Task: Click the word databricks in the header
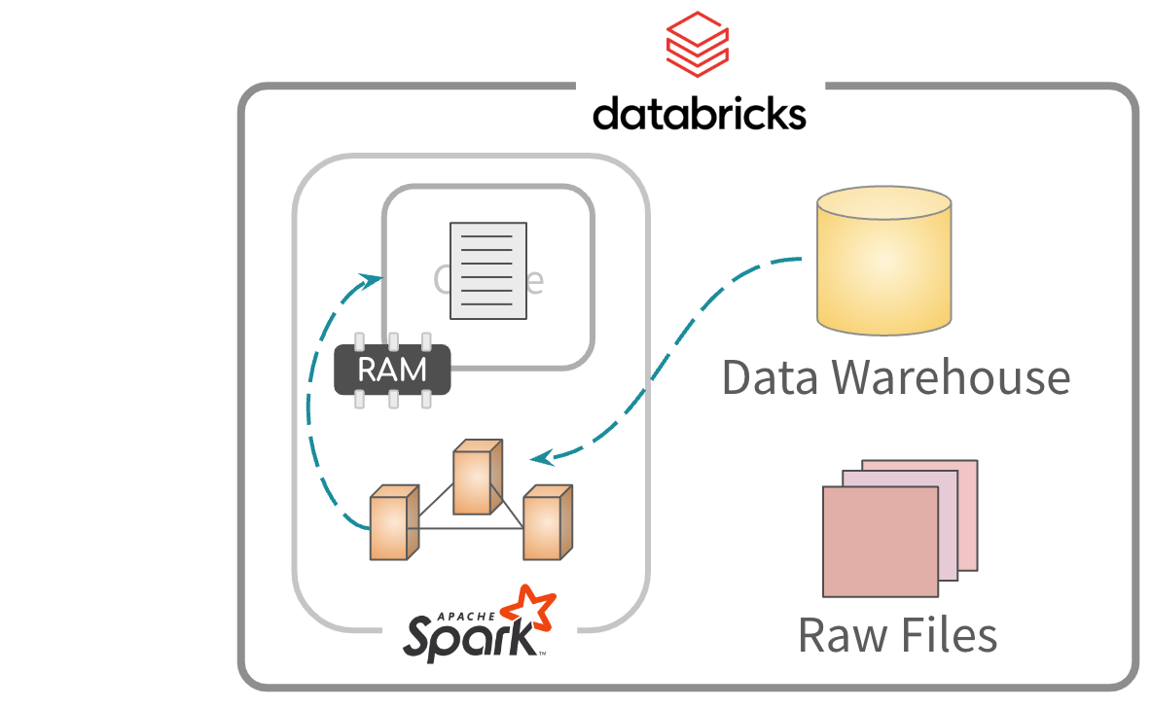[x=699, y=113]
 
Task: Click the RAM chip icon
[x=392, y=370]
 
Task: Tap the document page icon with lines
[x=488, y=270]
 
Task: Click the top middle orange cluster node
[x=477, y=478]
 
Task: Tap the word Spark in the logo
[x=467, y=637]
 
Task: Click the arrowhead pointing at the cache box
[x=373, y=278]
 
